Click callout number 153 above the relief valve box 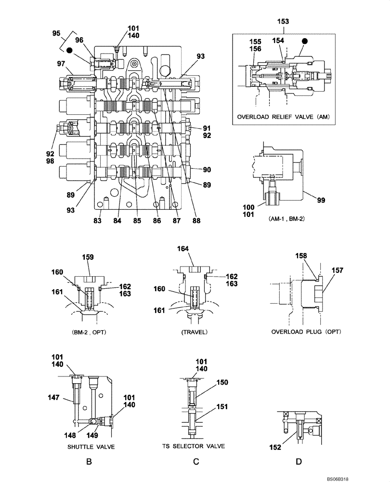pos(284,21)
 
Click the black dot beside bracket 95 pos(70,50)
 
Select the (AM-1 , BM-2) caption pos(283,218)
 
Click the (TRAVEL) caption pos(194,332)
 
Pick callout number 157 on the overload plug pos(337,271)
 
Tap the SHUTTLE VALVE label pos(91,447)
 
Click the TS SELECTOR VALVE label pos(196,447)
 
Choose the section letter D pos(299,462)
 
